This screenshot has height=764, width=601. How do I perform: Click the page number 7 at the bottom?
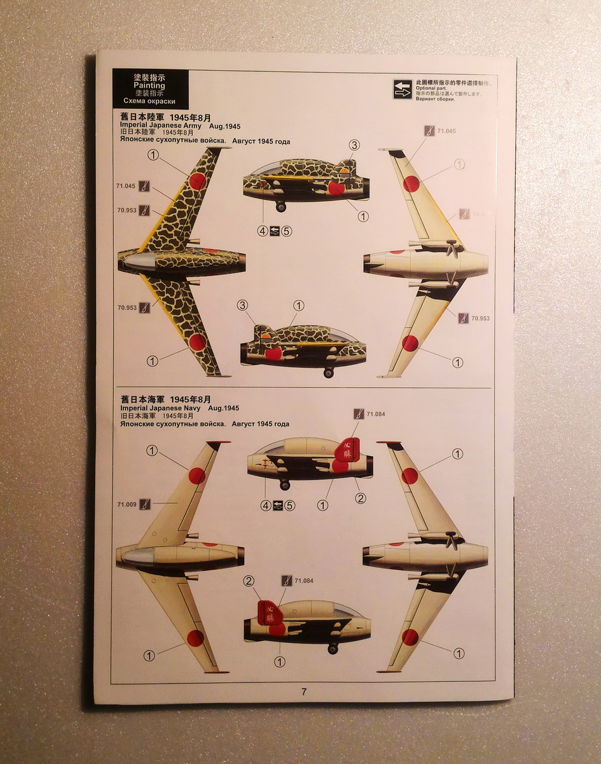304,692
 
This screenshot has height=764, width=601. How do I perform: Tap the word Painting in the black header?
150,85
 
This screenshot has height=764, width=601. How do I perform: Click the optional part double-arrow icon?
402,89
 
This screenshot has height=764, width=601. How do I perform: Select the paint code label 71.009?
127,504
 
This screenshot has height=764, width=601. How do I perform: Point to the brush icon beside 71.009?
145,504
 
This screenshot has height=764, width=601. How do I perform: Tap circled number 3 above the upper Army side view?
354,145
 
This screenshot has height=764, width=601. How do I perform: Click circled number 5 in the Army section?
287,231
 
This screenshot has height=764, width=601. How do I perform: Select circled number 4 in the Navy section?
266,506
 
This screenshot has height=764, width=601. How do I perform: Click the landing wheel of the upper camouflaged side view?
280,206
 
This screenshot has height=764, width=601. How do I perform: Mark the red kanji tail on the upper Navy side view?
348,449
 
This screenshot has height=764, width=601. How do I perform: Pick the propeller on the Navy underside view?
452,541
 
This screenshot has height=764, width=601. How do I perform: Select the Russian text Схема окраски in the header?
150,101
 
